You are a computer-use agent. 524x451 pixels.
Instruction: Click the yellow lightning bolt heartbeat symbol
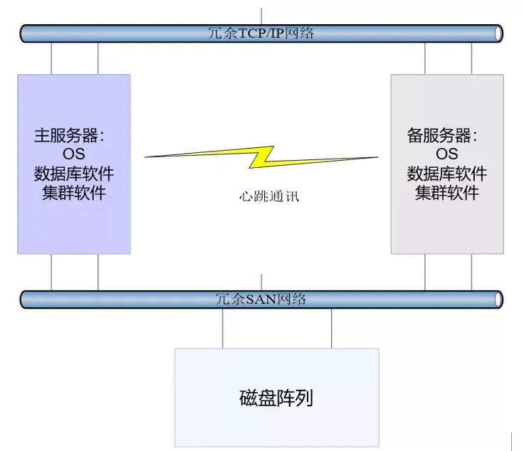coord(262,157)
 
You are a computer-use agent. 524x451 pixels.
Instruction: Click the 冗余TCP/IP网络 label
coord(263,33)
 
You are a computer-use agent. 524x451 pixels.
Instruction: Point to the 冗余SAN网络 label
coord(261,299)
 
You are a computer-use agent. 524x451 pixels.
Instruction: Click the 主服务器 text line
coord(74,136)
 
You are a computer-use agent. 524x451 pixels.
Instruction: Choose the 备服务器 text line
coord(446,136)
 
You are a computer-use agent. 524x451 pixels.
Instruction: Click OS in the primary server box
coord(74,154)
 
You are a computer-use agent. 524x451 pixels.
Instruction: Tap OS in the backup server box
coord(446,154)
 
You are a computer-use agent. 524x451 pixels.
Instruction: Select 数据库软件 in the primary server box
coord(74,174)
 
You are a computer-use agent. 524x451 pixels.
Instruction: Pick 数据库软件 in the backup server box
coord(446,174)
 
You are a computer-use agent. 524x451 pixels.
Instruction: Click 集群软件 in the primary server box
coord(74,192)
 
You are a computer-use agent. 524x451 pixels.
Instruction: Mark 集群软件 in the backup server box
coord(446,192)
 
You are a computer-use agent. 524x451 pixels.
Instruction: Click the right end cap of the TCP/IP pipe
coord(498,33)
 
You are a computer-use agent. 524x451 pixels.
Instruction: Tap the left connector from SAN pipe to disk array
coord(223,328)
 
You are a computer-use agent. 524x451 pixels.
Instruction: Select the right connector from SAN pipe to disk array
coord(331,328)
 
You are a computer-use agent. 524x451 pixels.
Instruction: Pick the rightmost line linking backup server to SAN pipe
coord(471,272)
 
